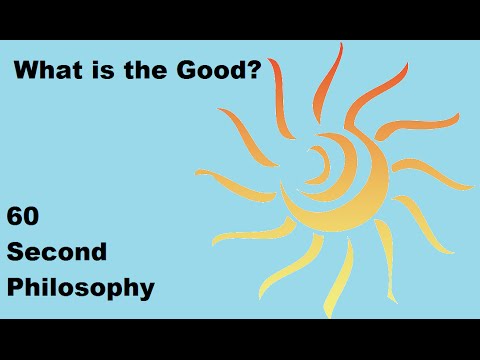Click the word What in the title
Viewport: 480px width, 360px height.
coord(45,72)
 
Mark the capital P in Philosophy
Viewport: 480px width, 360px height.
coord(15,288)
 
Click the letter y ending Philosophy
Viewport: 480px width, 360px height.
coord(147,292)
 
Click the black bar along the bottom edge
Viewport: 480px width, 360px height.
coord(240,339)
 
